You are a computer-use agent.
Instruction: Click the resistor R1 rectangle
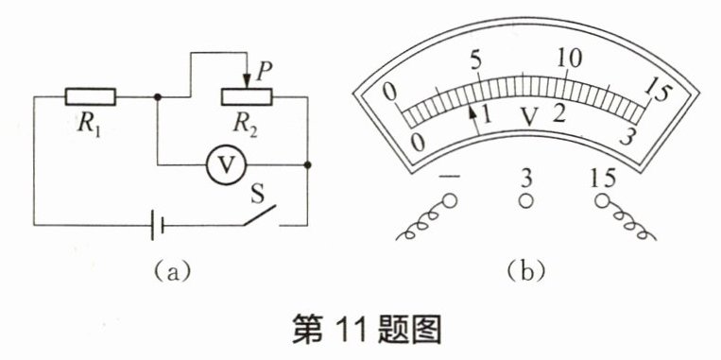point(90,96)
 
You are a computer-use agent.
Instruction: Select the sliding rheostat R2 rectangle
point(247,96)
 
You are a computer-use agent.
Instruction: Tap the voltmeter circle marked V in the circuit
point(227,164)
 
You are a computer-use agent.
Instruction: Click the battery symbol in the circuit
point(157,225)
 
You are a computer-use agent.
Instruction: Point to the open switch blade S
point(260,215)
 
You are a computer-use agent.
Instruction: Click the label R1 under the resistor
point(90,123)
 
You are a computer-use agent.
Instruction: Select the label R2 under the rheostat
point(245,124)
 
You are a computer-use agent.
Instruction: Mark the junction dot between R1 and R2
point(158,97)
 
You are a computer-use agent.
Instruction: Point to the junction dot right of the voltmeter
point(308,164)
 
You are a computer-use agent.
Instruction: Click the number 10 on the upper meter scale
point(569,59)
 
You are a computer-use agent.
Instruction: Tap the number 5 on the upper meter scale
point(476,60)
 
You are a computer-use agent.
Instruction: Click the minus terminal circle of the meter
point(449,201)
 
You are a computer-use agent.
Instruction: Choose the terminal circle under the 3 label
point(525,201)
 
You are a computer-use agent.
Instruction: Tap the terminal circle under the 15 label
point(602,201)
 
